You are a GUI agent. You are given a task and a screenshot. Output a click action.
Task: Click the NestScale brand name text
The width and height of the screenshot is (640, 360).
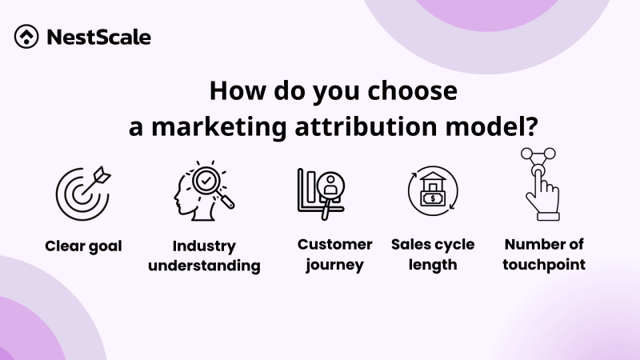click(98, 37)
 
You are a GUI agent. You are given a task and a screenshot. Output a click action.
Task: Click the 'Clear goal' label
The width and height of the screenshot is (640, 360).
click(83, 246)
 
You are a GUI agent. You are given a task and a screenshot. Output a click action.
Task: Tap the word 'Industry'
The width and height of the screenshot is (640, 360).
click(204, 246)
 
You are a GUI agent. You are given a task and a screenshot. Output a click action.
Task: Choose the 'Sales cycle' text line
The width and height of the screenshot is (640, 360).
click(433, 244)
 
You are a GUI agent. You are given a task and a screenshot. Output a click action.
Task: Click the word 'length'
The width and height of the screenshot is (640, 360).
click(433, 264)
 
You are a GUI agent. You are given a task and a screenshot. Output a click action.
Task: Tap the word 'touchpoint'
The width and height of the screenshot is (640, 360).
click(543, 264)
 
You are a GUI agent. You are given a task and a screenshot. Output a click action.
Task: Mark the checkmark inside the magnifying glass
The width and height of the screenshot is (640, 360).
click(206, 181)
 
